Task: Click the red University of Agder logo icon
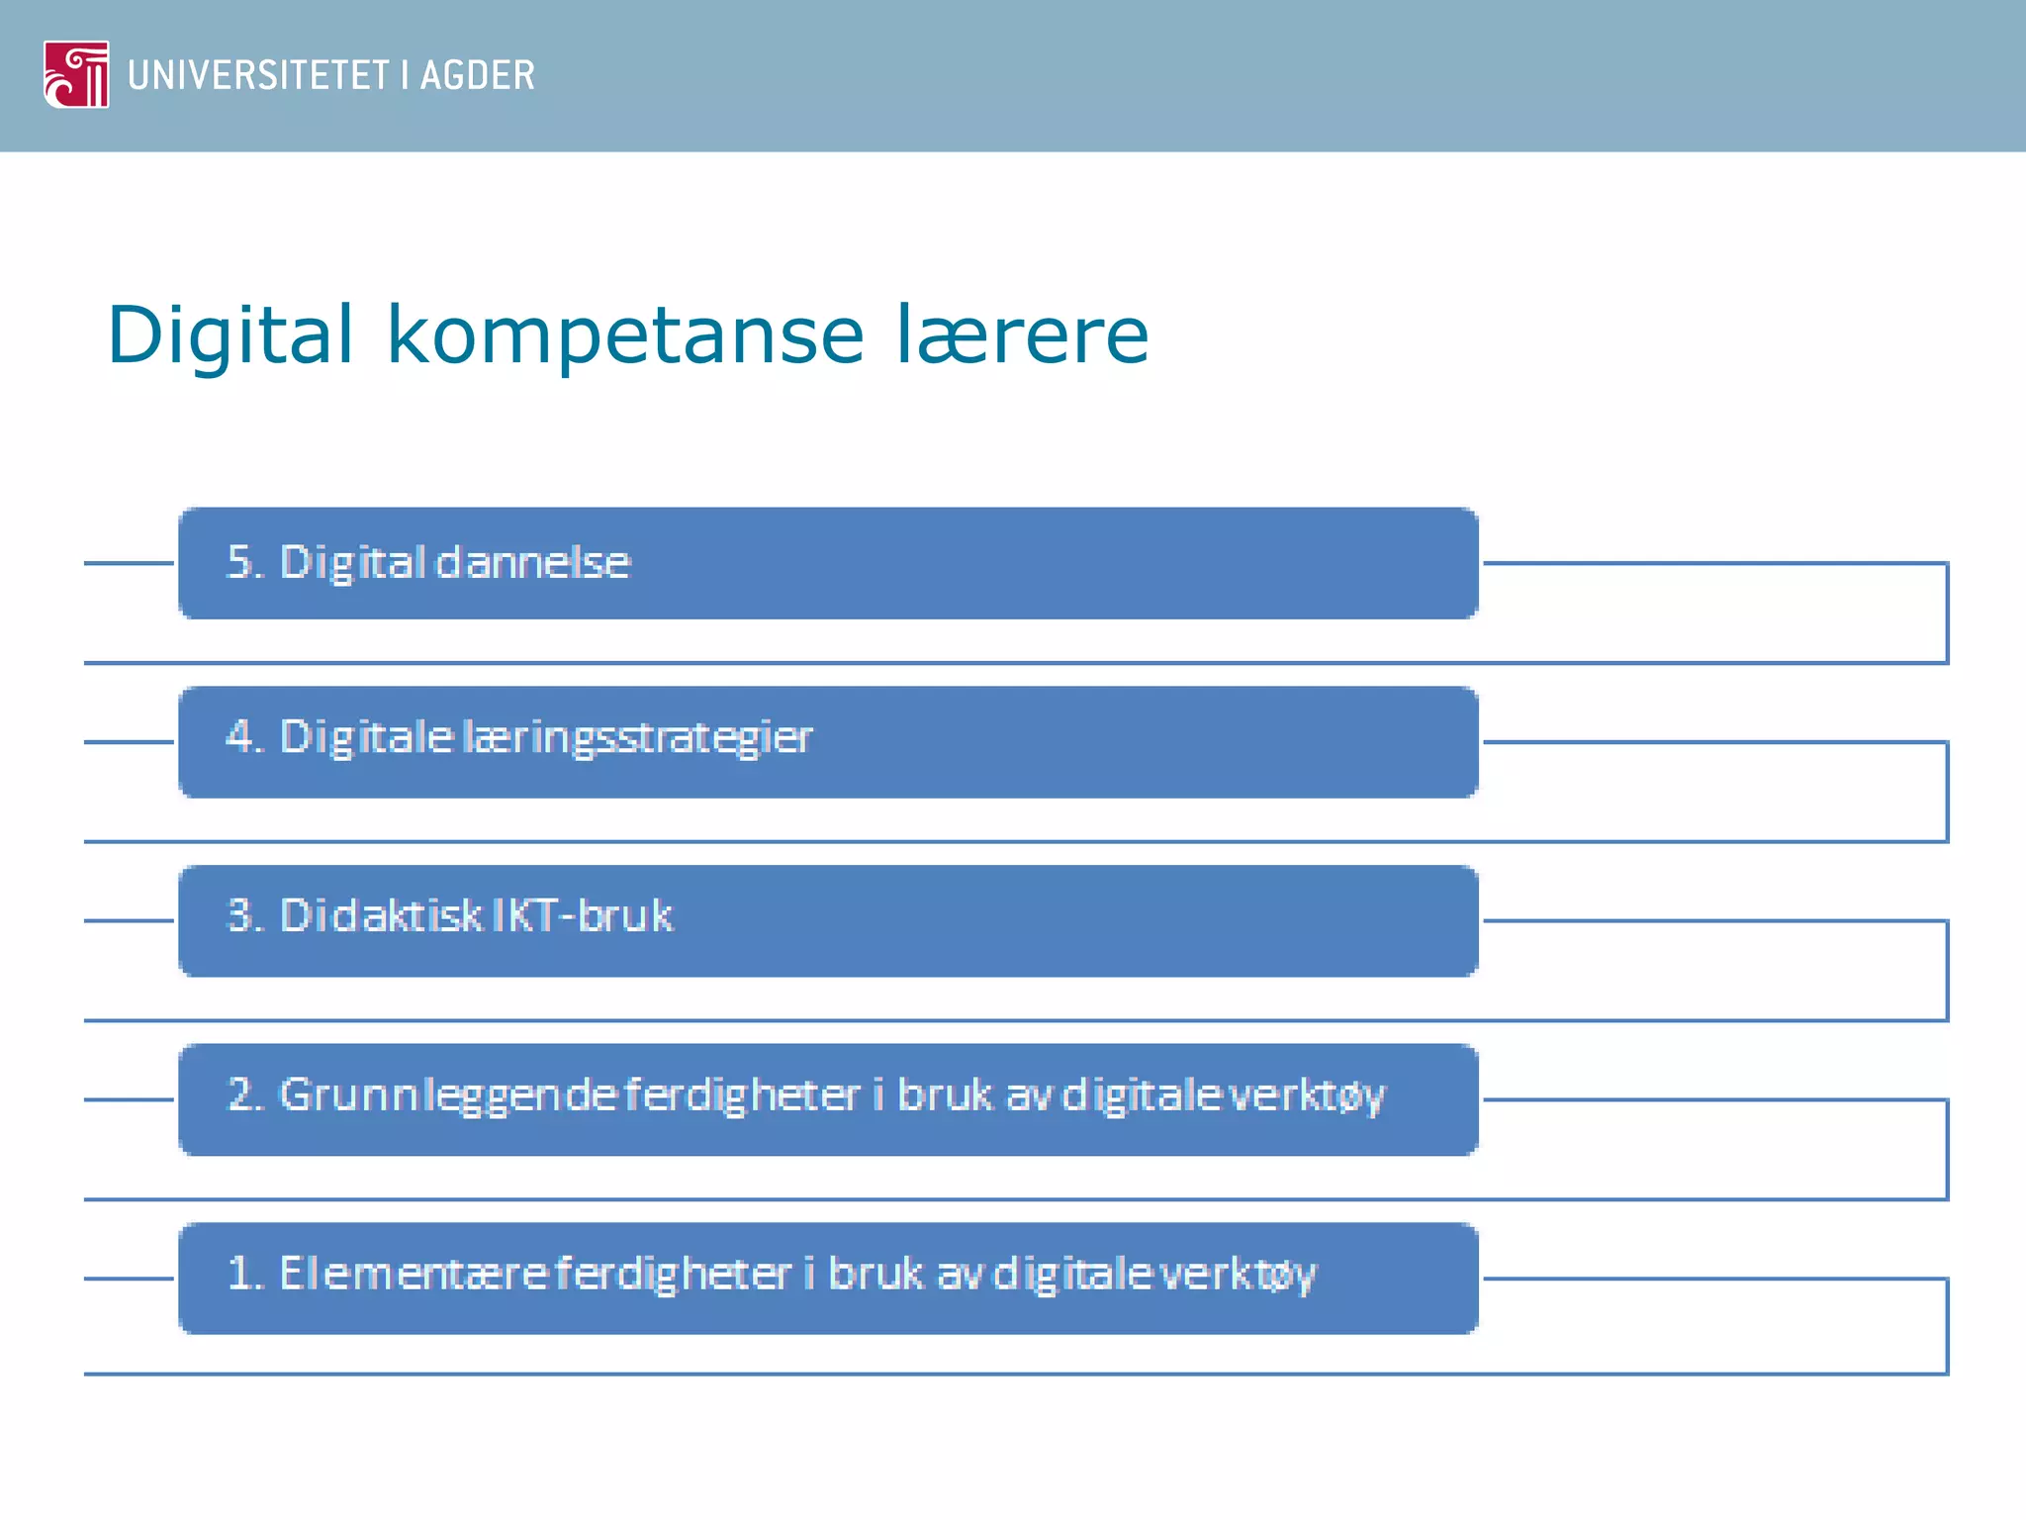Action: (76, 74)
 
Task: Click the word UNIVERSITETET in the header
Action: (258, 76)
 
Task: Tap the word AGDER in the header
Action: (478, 76)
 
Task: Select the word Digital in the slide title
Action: (230, 334)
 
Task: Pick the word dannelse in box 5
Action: (532, 562)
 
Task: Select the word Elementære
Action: (413, 1274)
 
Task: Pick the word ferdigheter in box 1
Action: (673, 1275)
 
